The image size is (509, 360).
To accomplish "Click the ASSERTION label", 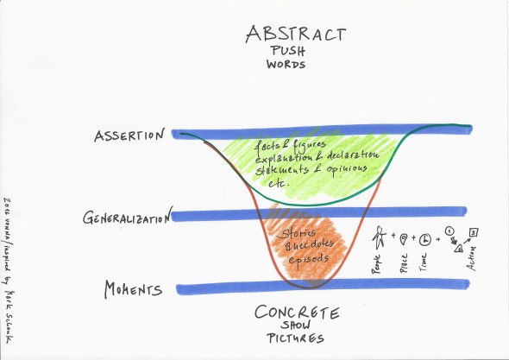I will [133, 135].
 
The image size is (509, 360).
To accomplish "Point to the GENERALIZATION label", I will [124, 218].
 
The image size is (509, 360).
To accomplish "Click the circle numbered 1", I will [449, 230].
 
